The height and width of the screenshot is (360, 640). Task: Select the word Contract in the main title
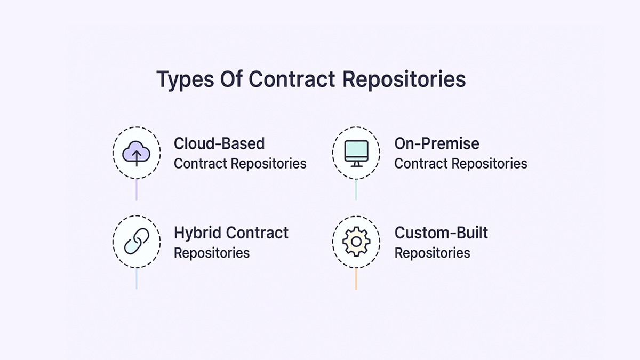pos(292,79)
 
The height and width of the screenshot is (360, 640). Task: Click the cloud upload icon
pos(136,154)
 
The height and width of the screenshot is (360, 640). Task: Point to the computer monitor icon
pos(356,154)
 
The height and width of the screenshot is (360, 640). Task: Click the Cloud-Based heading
pos(219,143)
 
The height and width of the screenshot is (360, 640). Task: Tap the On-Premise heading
pos(437,143)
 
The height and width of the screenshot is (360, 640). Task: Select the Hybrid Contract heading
pos(231,233)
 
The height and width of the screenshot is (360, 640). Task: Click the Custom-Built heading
pos(441,233)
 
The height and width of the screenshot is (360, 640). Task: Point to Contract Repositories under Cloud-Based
pos(240,163)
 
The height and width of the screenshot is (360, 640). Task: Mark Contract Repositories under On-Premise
pos(461,163)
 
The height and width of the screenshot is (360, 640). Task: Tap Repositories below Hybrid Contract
pos(212,253)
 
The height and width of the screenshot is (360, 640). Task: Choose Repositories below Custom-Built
pos(432,253)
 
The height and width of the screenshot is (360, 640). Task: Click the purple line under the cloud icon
pos(137,189)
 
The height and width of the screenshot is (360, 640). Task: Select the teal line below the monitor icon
pos(356,189)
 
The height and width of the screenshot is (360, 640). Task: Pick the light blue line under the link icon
pos(137,278)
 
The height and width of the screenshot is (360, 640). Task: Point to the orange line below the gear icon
pos(356,278)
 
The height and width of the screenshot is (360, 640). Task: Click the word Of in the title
pos(231,79)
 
